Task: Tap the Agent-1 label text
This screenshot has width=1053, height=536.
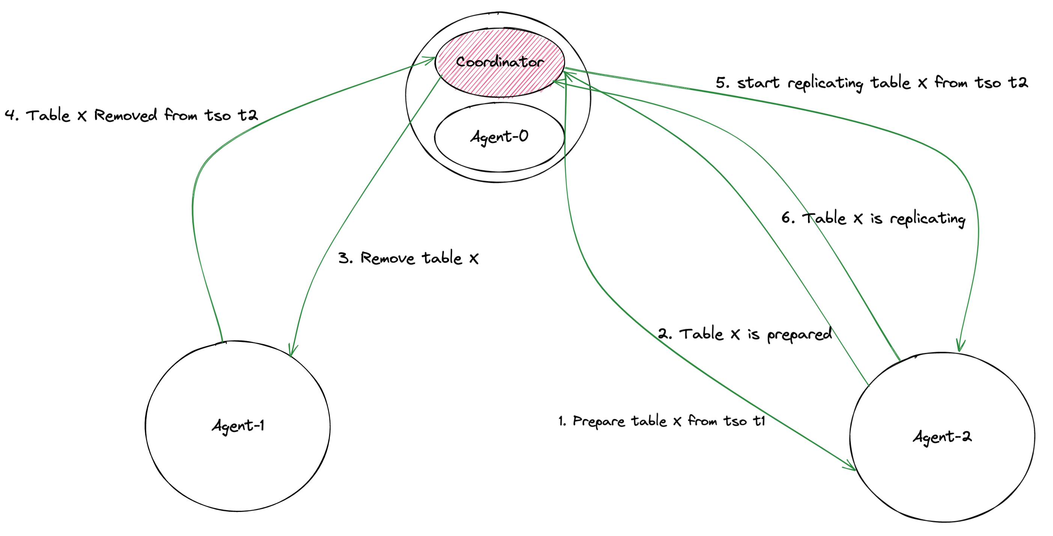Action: pyautogui.click(x=238, y=426)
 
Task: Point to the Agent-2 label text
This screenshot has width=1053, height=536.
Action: pyautogui.click(x=942, y=437)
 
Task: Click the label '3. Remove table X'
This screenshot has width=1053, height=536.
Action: pyautogui.click(x=408, y=258)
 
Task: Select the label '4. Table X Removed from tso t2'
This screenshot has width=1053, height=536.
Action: pyautogui.click(x=131, y=115)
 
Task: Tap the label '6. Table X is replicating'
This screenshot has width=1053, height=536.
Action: pyautogui.click(x=873, y=218)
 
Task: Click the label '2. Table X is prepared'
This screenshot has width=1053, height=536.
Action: pyautogui.click(x=745, y=334)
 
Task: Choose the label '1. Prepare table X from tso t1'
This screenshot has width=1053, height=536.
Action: pyautogui.click(x=661, y=421)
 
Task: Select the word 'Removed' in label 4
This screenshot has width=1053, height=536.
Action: pyautogui.click(x=125, y=115)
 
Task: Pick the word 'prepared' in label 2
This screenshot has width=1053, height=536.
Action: pyautogui.click(x=799, y=335)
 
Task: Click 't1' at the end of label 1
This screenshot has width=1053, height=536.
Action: pyautogui.click(x=759, y=421)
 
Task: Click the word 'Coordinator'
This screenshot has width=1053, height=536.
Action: pyautogui.click(x=499, y=62)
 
